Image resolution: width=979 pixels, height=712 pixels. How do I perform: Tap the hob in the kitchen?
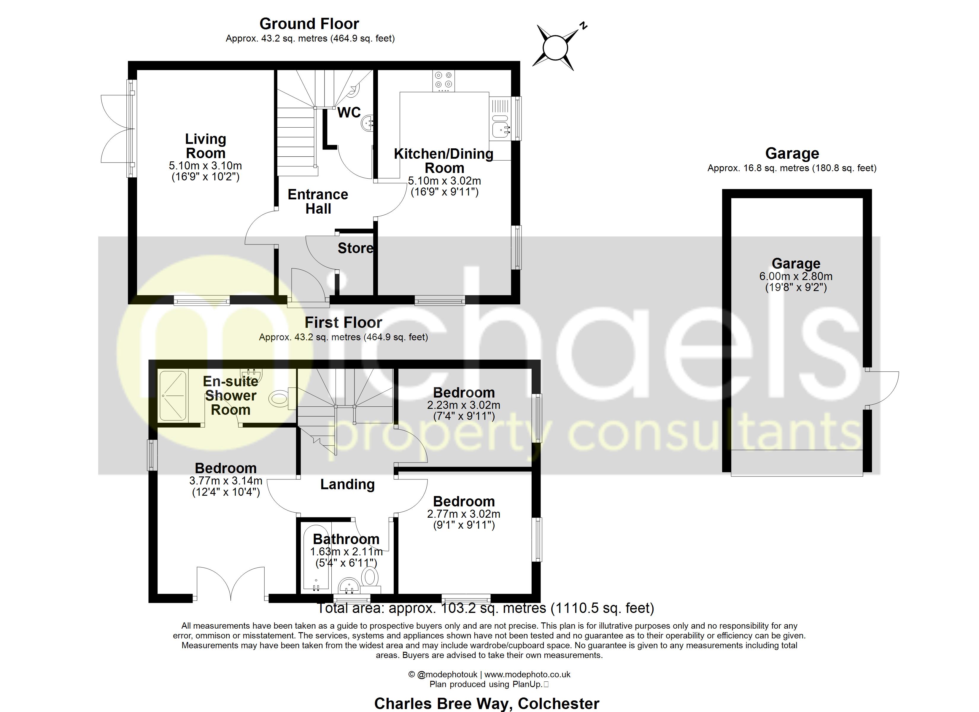click(x=443, y=81)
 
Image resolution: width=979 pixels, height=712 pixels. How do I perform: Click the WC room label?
click(x=349, y=112)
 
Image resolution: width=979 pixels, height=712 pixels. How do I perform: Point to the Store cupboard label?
click(x=355, y=248)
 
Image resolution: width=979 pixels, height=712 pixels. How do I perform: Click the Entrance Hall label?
click(x=318, y=202)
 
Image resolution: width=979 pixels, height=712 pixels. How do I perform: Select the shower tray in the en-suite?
click(x=173, y=395)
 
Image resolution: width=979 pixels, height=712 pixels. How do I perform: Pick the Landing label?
click(x=347, y=484)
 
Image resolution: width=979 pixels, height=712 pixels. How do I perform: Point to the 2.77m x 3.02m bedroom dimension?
click(x=464, y=514)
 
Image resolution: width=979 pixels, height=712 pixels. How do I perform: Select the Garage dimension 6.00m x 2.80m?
click(x=796, y=276)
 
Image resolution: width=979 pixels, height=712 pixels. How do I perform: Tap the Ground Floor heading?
click(x=309, y=24)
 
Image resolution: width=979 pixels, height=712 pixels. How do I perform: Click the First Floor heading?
click(x=344, y=322)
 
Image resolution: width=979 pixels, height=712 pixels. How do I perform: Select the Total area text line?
click(x=486, y=608)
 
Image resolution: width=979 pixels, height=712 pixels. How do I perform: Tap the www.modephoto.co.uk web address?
click(x=527, y=674)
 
